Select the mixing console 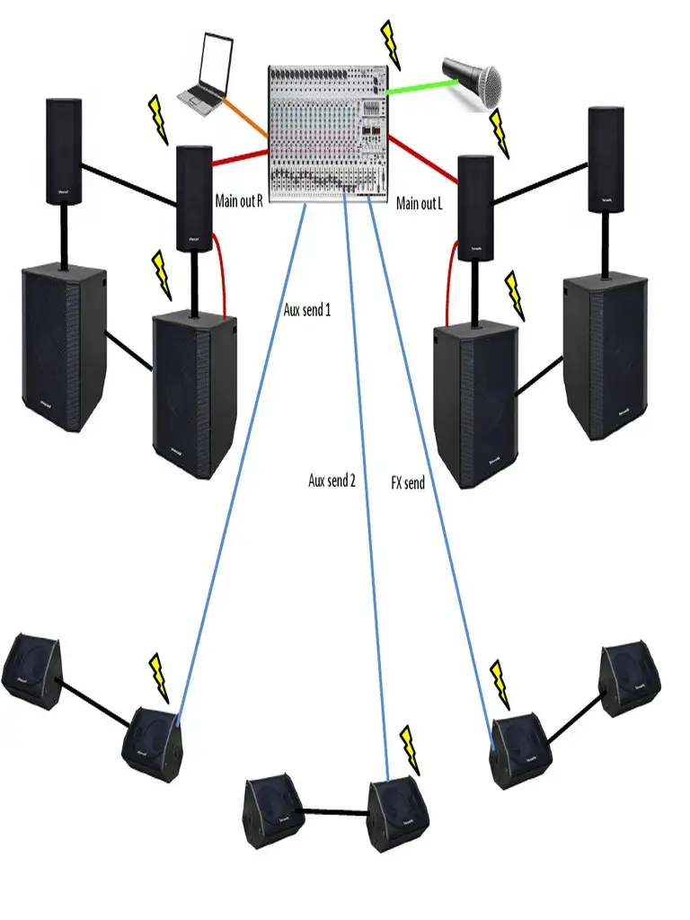pyautogui.click(x=326, y=130)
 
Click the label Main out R pyautogui.click(x=239, y=200)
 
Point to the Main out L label pyautogui.click(x=420, y=204)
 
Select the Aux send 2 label pyautogui.click(x=332, y=481)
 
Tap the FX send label pyautogui.click(x=408, y=482)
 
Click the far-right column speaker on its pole pyautogui.click(x=606, y=159)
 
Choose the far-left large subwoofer pyautogui.click(x=63, y=346)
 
